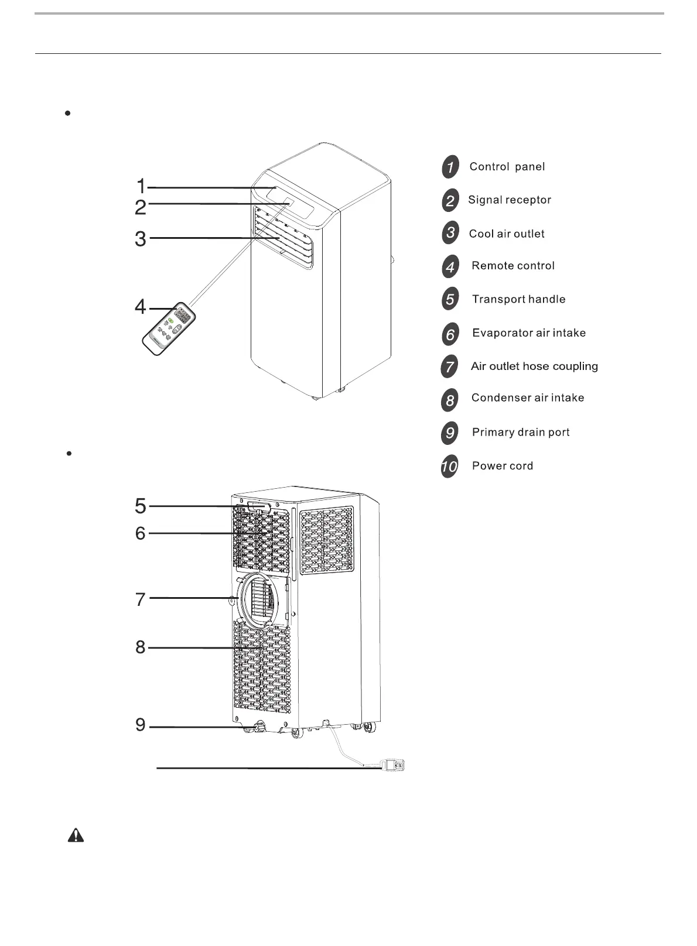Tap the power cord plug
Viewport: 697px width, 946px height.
[x=393, y=765]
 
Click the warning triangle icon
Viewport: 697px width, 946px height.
[x=76, y=835]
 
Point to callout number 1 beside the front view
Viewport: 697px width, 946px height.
[x=141, y=186]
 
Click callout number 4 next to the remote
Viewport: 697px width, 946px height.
[x=141, y=306]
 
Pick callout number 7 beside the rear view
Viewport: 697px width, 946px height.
[x=141, y=599]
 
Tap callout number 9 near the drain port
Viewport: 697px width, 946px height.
[x=141, y=725]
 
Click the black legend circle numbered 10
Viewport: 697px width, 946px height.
[x=449, y=467]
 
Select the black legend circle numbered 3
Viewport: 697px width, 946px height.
[x=450, y=233]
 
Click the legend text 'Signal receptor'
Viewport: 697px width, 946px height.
[x=510, y=200]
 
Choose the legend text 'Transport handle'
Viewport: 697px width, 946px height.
[x=518, y=299]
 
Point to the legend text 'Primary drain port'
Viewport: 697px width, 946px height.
[x=521, y=433]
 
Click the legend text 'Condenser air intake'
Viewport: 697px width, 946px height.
[x=528, y=398]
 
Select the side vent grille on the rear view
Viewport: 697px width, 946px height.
[x=326, y=540]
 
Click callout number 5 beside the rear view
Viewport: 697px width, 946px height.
[x=141, y=505]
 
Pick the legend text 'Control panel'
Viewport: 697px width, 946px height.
[x=507, y=167]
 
